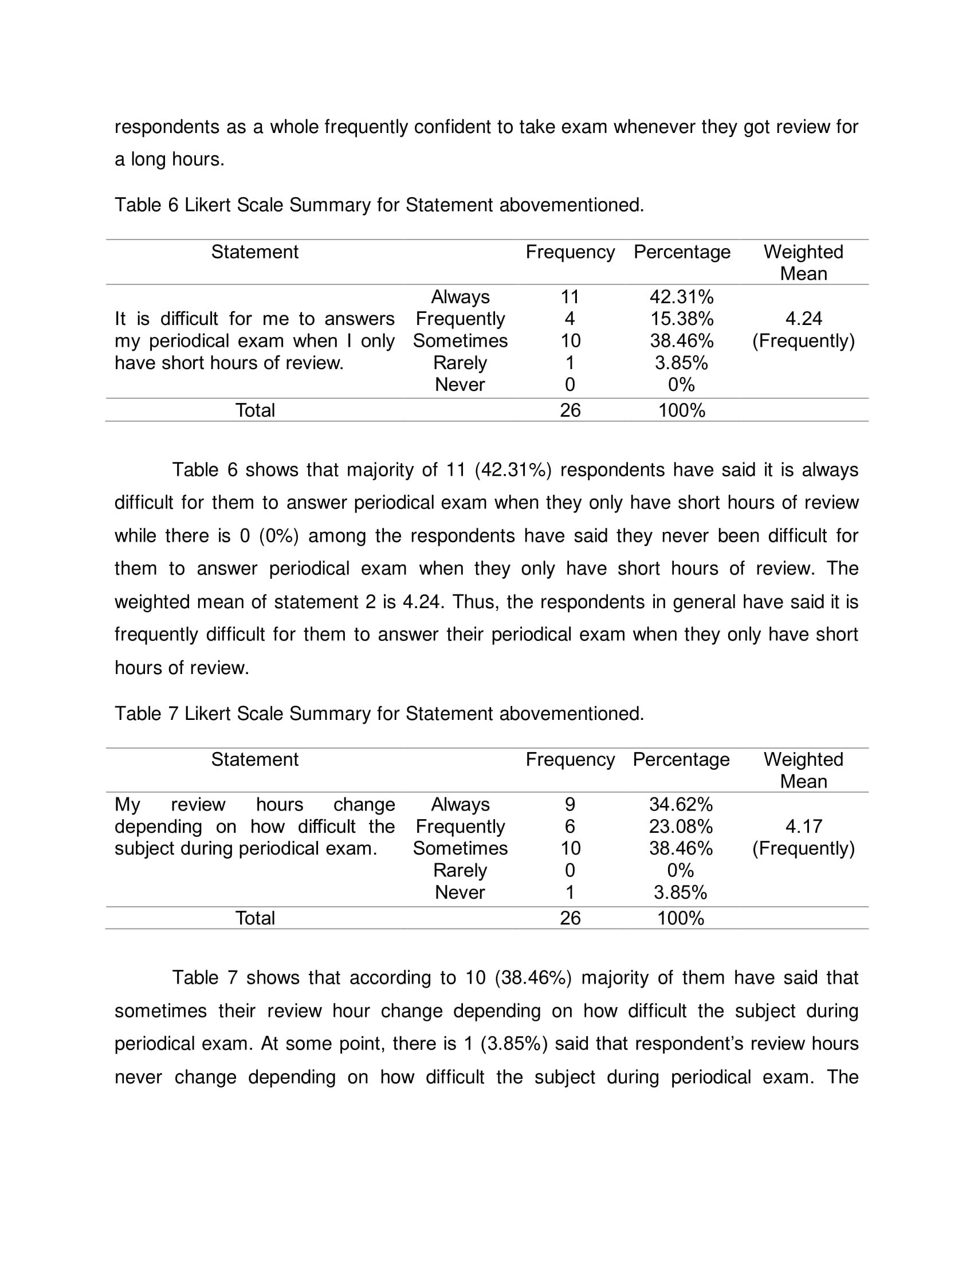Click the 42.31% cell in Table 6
[x=681, y=297]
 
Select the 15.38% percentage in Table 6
[x=681, y=319]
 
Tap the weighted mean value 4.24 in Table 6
[x=803, y=319]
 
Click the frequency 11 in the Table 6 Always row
[x=570, y=297]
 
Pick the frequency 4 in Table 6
[x=570, y=319]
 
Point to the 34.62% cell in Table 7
[x=681, y=804]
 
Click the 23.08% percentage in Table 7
[x=681, y=826]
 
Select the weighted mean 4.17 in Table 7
[x=803, y=826]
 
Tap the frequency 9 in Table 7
[x=570, y=804]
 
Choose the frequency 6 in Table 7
[x=570, y=826]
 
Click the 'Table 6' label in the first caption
[x=147, y=205]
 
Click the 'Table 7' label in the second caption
[x=147, y=714]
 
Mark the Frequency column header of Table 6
[x=570, y=252]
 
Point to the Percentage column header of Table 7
[x=681, y=759]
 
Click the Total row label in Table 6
[x=255, y=410]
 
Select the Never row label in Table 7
[x=460, y=892]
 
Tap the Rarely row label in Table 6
[x=460, y=363]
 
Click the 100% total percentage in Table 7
[x=681, y=918]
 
